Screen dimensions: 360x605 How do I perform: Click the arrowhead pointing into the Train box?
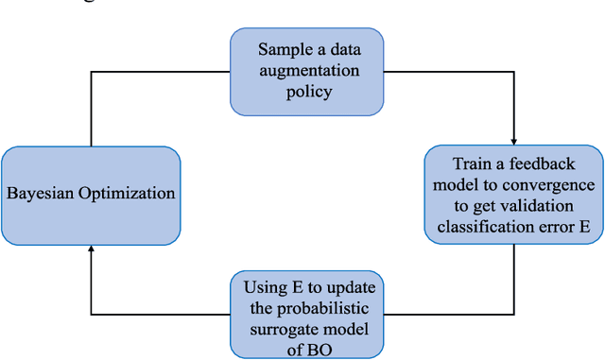512,141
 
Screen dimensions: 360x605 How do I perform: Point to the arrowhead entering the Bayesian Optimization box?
91,248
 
